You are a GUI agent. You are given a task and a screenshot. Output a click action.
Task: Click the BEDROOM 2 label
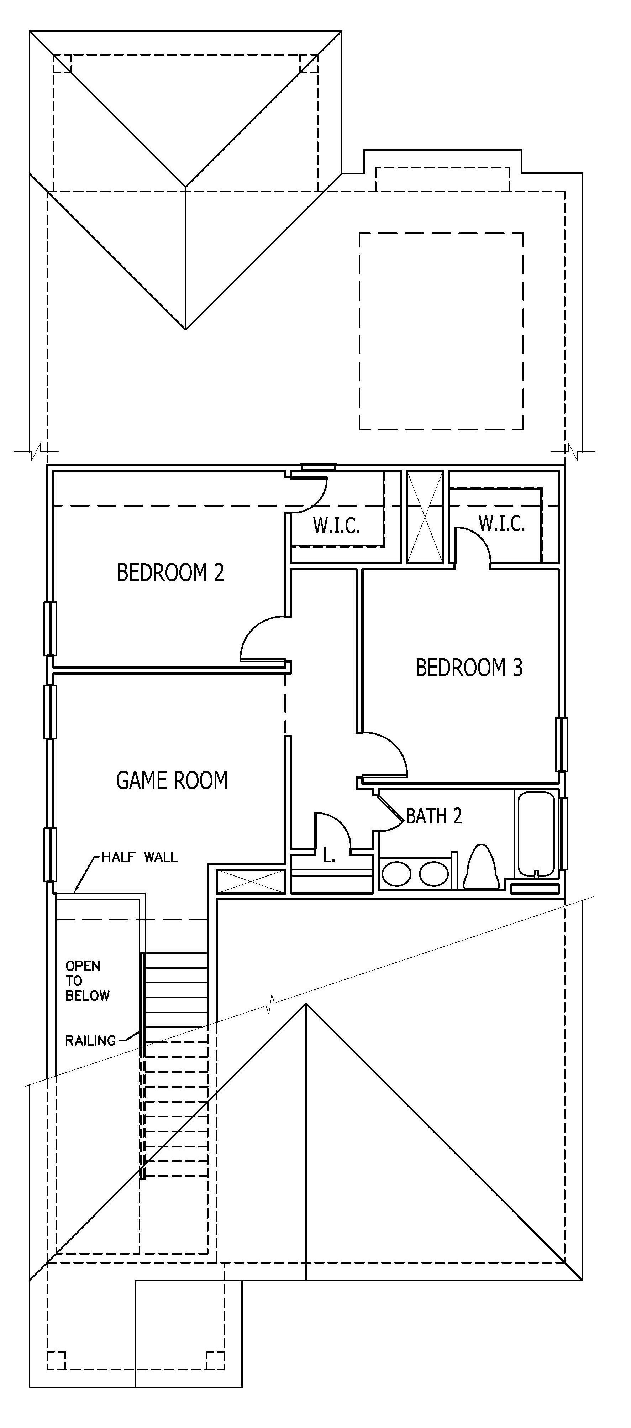170,572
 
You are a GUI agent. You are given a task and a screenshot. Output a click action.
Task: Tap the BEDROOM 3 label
469,668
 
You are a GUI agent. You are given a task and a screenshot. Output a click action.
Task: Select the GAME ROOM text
172,780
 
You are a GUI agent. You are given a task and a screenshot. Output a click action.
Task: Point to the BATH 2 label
434,816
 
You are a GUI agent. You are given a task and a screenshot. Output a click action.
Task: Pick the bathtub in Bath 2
535,834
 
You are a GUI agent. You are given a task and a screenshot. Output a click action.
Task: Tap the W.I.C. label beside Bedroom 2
336,525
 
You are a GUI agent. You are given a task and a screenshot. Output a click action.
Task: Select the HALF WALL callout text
140,857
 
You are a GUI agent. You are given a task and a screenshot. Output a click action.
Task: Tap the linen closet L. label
329,857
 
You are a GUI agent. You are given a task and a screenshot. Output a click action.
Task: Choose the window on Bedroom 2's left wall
50,629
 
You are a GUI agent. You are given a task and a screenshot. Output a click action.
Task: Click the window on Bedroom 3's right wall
562,744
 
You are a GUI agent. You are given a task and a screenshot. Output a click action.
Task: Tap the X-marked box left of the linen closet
251,882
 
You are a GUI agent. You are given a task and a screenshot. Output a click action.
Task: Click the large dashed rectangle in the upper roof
441,331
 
